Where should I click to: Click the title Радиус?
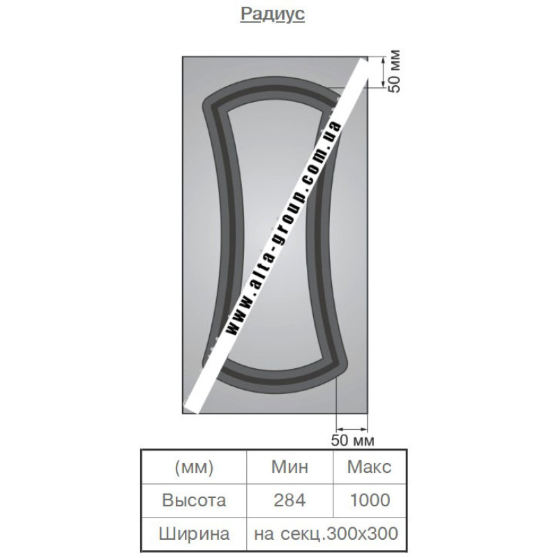pyautogui.click(x=273, y=15)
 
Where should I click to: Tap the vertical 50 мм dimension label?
pyautogui.click(x=394, y=72)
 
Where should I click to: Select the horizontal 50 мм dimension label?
pyautogui.click(x=353, y=440)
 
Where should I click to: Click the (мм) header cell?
pyautogui.click(x=195, y=467)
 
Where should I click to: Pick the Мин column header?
pyautogui.click(x=289, y=467)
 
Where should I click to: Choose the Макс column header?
pyautogui.click(x=370, y=467)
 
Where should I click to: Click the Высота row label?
pyautogui.click(x=194, y=500)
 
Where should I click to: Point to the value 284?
pyautogui.click(x=289, y=500)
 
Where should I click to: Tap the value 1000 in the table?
pyautogui.click(x=370, y=500)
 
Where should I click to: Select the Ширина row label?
pyautogui.click(x=194, y=534)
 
